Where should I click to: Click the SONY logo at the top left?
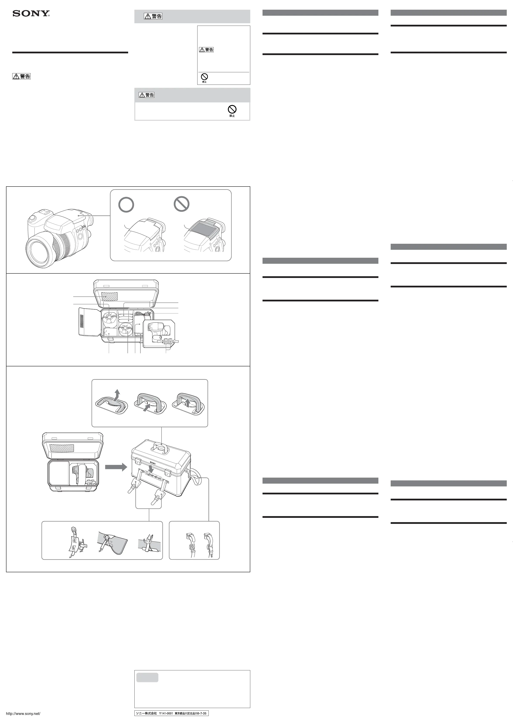tap(31, 13)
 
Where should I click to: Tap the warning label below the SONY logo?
tap(22, 76)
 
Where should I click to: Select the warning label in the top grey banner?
tap(153, 16)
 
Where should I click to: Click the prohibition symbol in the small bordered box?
tap(204, 77)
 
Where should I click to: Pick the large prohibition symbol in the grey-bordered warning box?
tap(232, 109)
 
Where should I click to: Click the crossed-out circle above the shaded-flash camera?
tap(182, 204)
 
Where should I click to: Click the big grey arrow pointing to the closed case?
tap(116, 467)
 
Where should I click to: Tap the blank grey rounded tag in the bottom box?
tap(148, 677)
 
